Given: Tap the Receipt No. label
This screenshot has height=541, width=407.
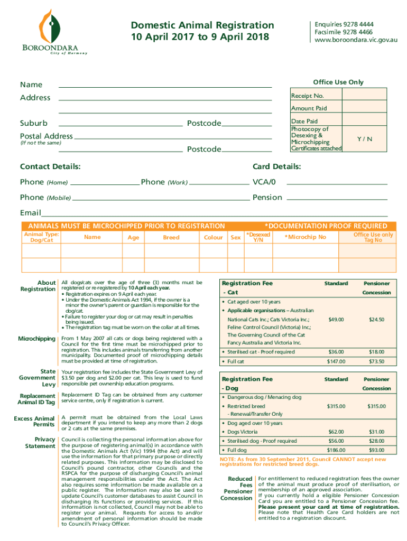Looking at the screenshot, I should click(x=307, y=96).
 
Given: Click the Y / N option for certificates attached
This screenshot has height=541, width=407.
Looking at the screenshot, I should click(x=364, y=139).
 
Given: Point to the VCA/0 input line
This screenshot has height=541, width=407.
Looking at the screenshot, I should click(x=337, y=182).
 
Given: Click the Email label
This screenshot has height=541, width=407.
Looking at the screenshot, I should click(x=30, y=212).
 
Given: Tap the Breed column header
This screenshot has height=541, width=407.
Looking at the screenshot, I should click(x=171, y=238).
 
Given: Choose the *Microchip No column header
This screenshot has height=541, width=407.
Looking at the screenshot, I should click(x=305, y=237).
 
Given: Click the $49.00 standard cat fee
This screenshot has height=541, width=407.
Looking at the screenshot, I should click(x=336, y=320).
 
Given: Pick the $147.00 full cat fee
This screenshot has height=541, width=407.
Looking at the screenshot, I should click(x=336, y=362).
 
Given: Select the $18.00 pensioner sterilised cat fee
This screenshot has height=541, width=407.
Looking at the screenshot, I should click(x=376, y=352).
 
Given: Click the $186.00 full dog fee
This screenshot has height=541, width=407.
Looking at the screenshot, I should click(x=336, y=450).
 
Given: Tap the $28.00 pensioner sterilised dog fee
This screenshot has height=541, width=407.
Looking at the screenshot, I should click(x=376, y=441).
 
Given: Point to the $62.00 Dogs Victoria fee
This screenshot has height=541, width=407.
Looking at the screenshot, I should click(x=336, y=432).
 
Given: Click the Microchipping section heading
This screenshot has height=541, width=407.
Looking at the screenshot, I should click(x=36, y=338).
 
